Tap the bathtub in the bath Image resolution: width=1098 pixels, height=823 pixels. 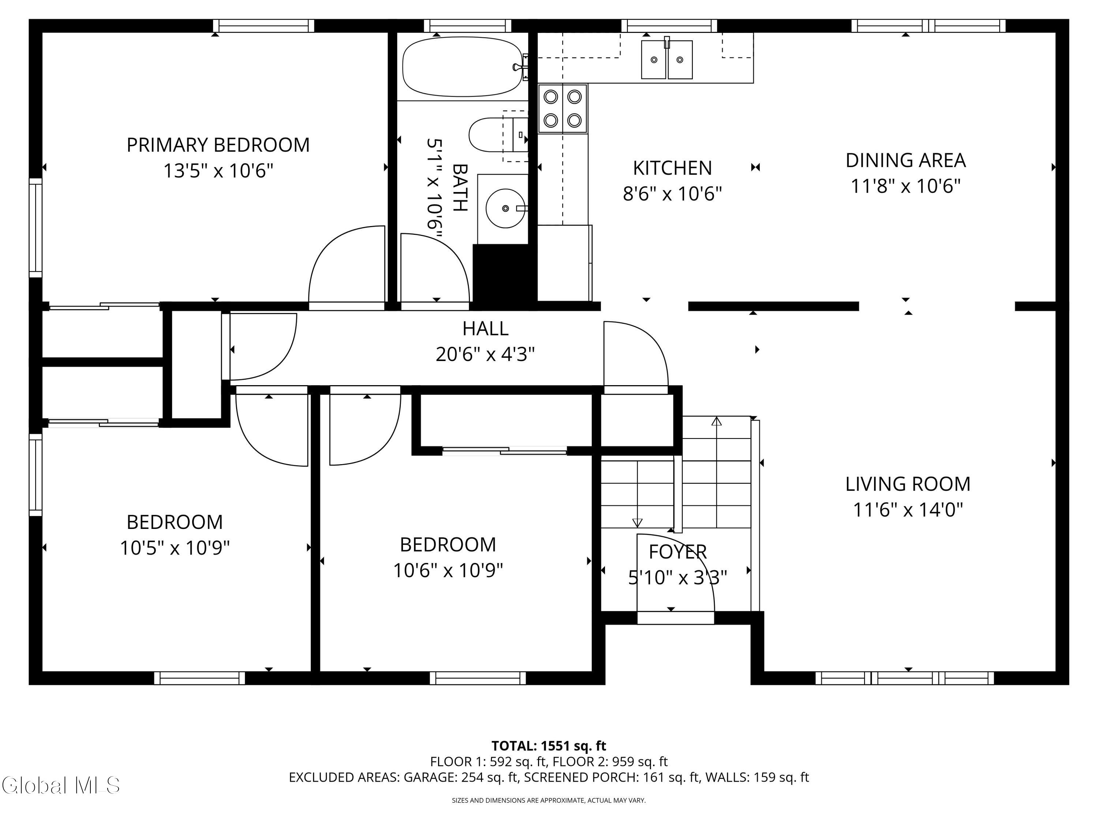[463, 67]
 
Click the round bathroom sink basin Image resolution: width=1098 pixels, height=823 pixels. [505, 208]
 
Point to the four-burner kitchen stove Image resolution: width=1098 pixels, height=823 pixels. [563, 109]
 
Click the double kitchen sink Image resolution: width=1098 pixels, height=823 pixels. [666, 60]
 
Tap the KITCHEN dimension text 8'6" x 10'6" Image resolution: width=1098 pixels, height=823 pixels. [672, 193]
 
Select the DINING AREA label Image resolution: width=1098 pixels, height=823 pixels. [905, 160]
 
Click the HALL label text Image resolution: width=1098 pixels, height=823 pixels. [485, 328]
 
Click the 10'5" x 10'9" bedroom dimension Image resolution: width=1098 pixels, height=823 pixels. [175, 548]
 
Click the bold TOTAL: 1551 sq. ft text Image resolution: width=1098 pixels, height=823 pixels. [549, 745]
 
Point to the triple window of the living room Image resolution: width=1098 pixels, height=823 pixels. [904, 678]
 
